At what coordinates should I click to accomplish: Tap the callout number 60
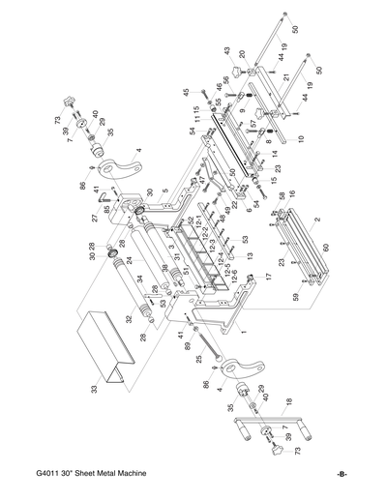pos(326,248)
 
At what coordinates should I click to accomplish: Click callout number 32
pos(127,318)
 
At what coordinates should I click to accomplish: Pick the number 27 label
pos(96,218)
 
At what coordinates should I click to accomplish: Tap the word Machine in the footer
pos(143,477)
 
